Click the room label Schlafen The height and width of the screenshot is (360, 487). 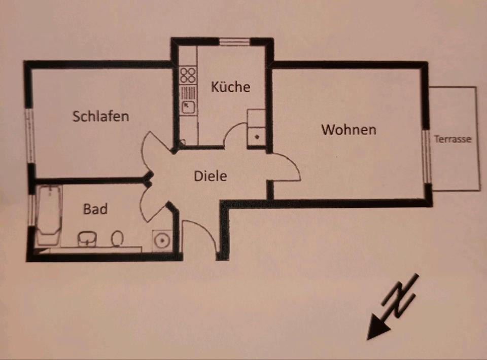click(100, 116)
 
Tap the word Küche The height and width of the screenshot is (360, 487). click(230, 87)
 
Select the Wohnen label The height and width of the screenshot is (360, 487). click(349, 130)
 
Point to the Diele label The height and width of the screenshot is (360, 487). click(210, 176)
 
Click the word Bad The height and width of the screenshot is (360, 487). click(95, 208)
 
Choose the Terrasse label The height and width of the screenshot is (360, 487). click(453, 139)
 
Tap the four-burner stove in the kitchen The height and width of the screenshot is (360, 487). click(188, 76)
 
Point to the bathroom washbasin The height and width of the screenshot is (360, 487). click(88, 239)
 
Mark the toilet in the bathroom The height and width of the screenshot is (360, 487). click(118, 237)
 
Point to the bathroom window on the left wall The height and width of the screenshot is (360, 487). click(32, 209)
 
